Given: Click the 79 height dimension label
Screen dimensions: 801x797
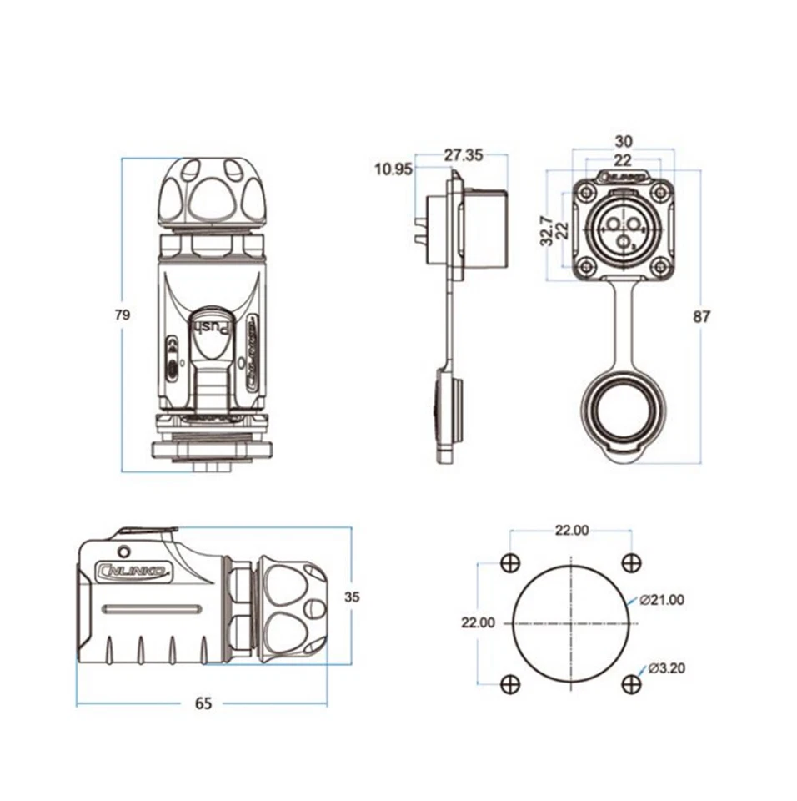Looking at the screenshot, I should tap(122, 315).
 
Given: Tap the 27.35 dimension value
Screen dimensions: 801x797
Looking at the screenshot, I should tap(463, 155).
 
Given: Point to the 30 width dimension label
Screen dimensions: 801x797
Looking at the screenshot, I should tap(623, 141).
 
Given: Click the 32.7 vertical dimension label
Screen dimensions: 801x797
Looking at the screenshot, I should tap(545, 229).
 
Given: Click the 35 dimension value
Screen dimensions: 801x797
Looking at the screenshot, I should tap(353, 597).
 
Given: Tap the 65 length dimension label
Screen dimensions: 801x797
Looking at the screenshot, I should tap(203, 703).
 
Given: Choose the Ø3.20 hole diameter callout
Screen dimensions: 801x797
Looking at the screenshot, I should tap(667, 668).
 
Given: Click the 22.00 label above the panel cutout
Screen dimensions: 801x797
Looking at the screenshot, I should tap(571, 530).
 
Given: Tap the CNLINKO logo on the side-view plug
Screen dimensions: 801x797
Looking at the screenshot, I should tap(134, 572).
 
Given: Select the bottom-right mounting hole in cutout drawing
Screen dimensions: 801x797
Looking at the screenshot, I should tap(632, 684).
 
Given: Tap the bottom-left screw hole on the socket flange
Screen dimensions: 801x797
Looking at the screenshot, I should tap(587, 267).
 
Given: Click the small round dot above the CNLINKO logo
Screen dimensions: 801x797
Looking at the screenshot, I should tap(124, 551).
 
